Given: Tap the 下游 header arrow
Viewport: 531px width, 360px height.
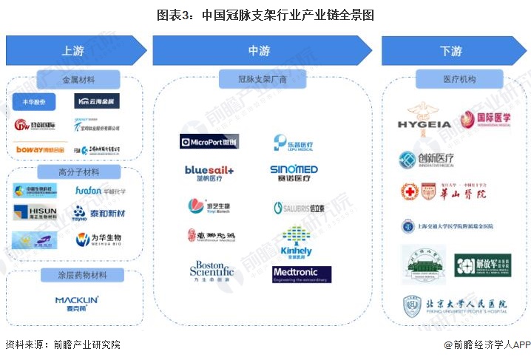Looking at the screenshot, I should (x=451, y=51).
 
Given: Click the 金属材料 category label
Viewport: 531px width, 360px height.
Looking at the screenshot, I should (x=79, y=79).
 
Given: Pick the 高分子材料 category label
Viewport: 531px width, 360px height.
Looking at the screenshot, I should (x=79, y=171).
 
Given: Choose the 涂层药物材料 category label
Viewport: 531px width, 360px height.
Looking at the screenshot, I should (x=79, y=276).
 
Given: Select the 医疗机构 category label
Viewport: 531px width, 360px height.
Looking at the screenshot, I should (x=459, y=79).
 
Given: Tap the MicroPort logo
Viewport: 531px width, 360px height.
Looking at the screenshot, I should (x=209, y=140).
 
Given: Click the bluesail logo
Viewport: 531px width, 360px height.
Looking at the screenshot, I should (x=209, y=172).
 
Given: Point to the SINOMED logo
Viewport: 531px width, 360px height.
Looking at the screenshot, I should (x=294, y=172).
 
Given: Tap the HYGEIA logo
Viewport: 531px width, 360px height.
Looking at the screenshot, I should (x=424, y=120).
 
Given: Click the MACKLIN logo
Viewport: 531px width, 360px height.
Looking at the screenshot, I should (x=75, y=302).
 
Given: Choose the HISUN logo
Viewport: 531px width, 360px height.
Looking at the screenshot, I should (x=35, y=213).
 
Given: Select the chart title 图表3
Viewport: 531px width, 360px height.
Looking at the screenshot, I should (x=265, y=14).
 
